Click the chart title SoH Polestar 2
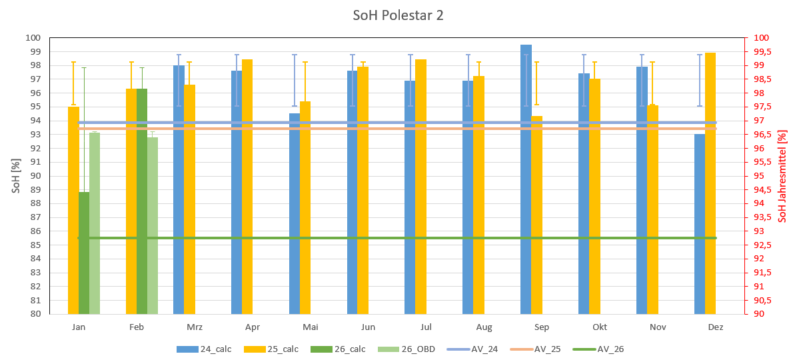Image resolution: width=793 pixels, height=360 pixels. [398, 15]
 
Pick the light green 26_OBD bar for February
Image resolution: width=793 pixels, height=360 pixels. [153, 227]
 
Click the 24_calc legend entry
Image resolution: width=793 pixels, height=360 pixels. [209, 349]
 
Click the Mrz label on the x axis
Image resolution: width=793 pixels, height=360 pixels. [195, 327]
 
